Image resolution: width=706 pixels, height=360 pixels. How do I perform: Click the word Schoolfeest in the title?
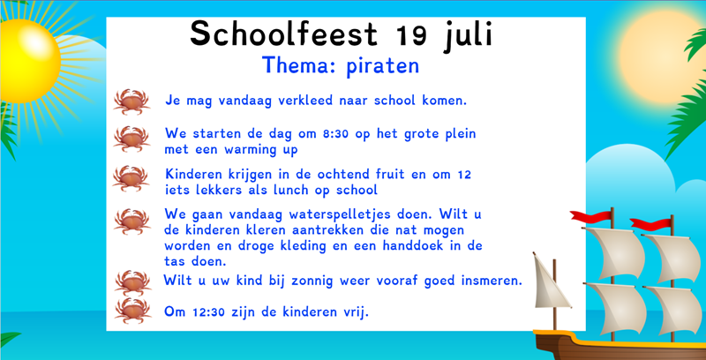(283, 34)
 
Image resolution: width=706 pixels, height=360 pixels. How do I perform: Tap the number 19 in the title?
(411, 35)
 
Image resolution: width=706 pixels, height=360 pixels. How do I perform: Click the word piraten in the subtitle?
(383, 66)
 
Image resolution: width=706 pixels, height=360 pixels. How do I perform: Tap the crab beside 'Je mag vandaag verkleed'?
(131, 101)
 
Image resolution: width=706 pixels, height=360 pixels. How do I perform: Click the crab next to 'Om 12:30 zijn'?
(133, 311)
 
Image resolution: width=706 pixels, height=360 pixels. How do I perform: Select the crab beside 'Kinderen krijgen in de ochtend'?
(131, 178)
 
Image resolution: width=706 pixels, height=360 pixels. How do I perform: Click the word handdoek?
(427, 245)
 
